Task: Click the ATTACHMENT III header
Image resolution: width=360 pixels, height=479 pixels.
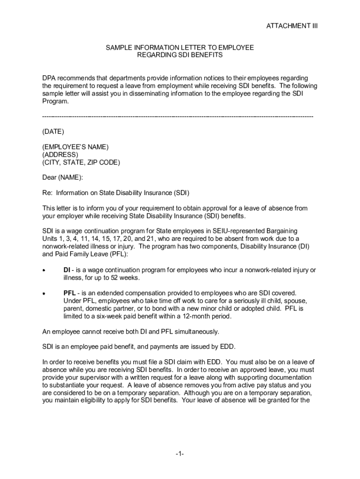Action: click(292, 26)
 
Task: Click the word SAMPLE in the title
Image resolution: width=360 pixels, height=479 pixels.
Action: click(118, 48)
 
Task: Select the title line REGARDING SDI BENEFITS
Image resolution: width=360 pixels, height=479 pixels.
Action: click(180, 55)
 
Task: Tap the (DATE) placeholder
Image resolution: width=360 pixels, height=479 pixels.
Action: click(53, 131)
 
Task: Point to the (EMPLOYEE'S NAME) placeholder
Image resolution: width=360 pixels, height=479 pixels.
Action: click(75, 147)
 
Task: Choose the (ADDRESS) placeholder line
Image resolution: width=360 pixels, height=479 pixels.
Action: click(60, 155)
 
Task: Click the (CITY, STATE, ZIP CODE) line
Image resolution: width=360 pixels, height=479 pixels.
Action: click(81, 162)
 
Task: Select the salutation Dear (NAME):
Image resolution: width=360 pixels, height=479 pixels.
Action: click(63, 177)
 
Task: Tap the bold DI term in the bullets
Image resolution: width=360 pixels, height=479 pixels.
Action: click(67, 270)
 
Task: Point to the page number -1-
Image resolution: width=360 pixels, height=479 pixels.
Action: click(180, 454)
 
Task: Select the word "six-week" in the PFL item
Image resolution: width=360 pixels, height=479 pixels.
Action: click(109, 316)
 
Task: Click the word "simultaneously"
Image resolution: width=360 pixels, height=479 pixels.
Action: click(197, 332)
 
